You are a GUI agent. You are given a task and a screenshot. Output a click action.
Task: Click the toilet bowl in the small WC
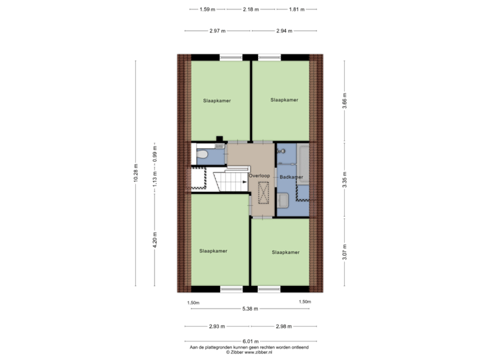(203, 154)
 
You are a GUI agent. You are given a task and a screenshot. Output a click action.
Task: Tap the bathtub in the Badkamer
(303, 165)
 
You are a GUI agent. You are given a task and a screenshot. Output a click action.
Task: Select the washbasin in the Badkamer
(283, 200)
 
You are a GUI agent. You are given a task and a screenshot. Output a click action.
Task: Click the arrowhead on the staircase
(244, 182)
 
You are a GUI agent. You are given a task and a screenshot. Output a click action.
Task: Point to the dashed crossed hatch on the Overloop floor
(263, 193)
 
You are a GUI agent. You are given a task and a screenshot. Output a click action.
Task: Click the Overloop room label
(259, 176)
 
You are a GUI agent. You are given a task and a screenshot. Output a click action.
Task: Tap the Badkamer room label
(291, 177)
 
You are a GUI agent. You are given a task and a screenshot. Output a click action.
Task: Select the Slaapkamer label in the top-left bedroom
(217, 101)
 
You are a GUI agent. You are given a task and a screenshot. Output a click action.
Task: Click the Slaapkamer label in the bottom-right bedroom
(285, 252)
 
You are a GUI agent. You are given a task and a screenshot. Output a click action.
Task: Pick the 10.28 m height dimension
(135, 173)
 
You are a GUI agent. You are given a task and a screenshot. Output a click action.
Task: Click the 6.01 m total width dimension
(251, 341)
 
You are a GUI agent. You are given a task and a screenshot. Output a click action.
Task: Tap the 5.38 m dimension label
(250, 309)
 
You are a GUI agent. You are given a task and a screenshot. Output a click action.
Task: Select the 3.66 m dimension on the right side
(345, 101)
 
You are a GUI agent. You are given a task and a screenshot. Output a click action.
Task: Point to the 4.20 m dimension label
(155, 240)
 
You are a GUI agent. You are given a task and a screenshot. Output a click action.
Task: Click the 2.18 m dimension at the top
(251, 9)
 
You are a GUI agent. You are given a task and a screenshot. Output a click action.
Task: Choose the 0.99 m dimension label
(155, 154)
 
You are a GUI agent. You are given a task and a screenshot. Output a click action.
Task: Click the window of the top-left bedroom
(231, 57)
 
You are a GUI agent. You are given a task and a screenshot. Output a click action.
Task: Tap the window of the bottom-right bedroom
(269, 289)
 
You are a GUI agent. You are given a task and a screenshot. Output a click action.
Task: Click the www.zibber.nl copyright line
(249, 353)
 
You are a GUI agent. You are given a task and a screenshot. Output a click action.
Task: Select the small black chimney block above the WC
(219, 139)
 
